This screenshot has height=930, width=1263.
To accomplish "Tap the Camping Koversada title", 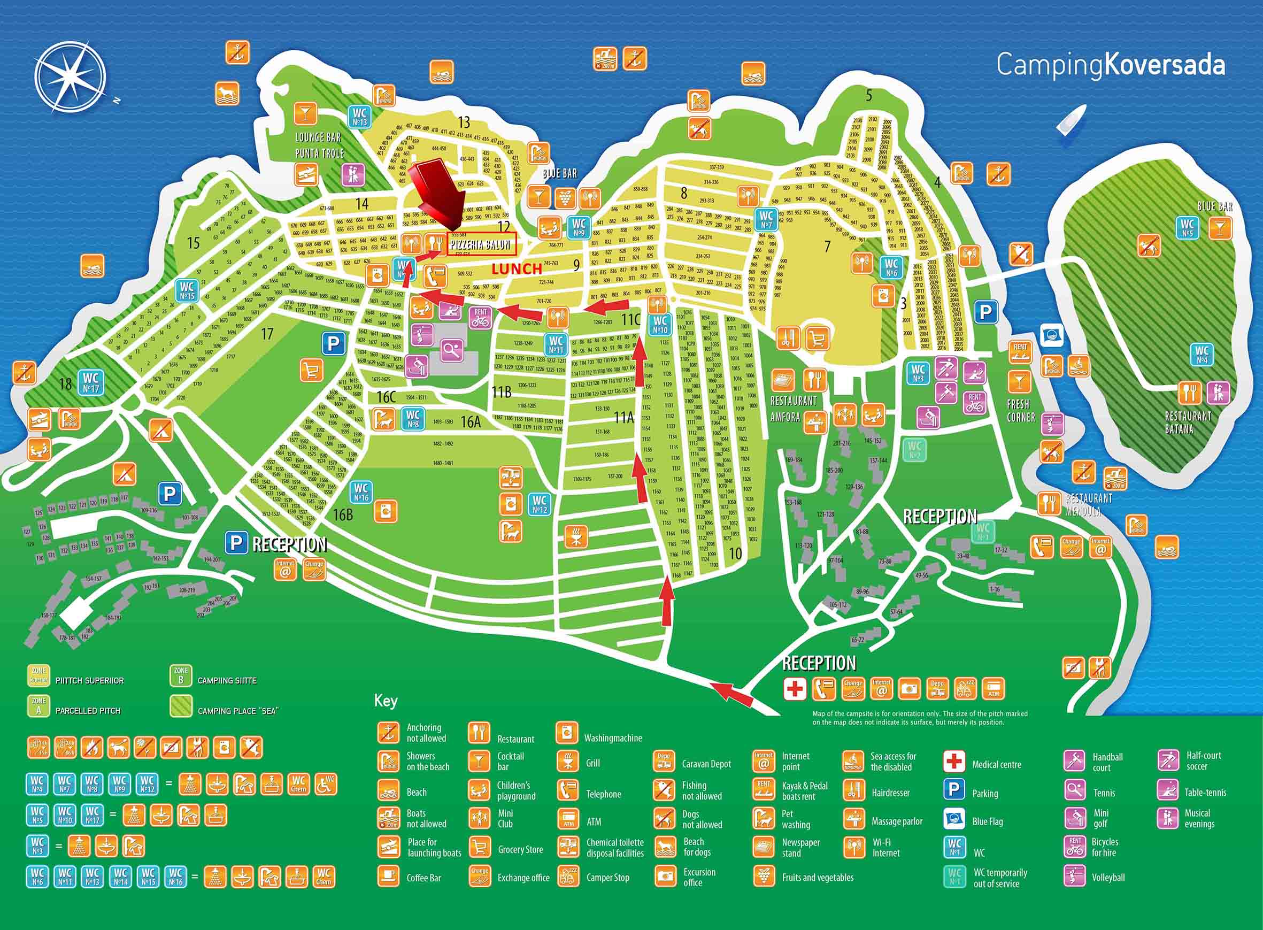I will pyautogui.click(x=1110, y=66).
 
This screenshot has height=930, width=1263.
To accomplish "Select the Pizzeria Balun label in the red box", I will pyautogui.click(x=481, y=245).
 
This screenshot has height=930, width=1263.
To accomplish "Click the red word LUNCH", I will pyautogui.click(x=516, y=269).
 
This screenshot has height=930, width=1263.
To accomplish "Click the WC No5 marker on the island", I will pyautogui.click(x=1188, y=227).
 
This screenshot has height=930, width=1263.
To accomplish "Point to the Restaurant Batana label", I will pyautogui.click(x=1188, y=422).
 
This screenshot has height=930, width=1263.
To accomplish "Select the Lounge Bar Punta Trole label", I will pyautogui.click(x=319, y=145).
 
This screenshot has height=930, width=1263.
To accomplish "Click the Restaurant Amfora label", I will pyautogui.click(x=793, y=409).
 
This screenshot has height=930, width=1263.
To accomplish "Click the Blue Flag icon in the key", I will pyautogui.click(x=954, y=821).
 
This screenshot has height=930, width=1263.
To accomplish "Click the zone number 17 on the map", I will pyautogui.click(x=267, y=334).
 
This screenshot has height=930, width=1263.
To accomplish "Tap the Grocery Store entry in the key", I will pyautogui.click(x=479, y=849).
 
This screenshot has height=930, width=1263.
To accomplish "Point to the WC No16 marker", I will pyautogui.click(x=361, y=492).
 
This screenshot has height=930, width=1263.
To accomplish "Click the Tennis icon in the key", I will pyautogui.click(x=1074, y=792).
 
